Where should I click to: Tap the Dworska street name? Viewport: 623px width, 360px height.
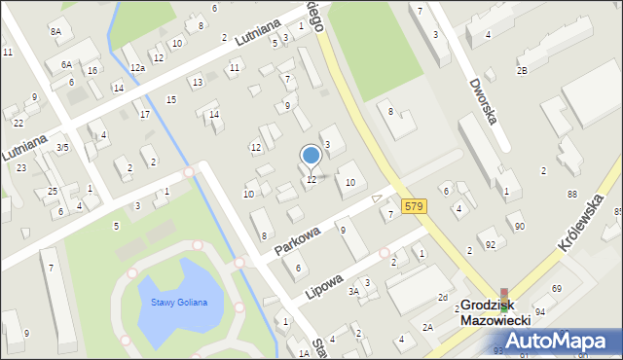pyautogui.click(x=482, y=101)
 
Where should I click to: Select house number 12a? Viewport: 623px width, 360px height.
pyautogui.click(x=137, y=67)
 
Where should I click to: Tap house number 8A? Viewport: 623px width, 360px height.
pyautogui.click(x=55, y=32)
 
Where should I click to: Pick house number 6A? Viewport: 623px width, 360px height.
pyautogui.click(x=66, y=64)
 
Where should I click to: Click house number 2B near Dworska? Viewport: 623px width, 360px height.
pyautogui.click(x=522, y=71)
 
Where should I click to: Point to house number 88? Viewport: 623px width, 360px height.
pyautogui.click(x=572, y=196)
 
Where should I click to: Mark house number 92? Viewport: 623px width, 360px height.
pyautogui.click(x=490, y=244)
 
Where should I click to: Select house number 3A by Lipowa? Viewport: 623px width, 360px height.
pyautogui.click(x=354, y=291)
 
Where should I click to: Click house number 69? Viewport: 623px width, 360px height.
pyautogui.click(x=557, y=289)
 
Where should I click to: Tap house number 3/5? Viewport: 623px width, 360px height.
pyautogui.click(x=62, y=148)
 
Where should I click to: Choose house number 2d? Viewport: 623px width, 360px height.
pyautogui.click(x=442, y=297)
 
